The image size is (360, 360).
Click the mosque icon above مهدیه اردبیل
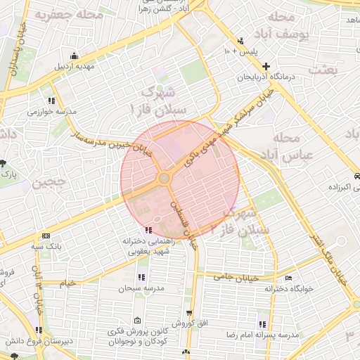click(x=75, y=57)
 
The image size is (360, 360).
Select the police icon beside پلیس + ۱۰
click(x=241, y=41)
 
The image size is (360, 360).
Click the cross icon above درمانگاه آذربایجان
click(x=266, y=65)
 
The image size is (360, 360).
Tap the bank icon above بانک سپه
click(x=46, y=236)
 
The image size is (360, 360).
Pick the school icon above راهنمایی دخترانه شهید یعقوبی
click(x=147, y=229)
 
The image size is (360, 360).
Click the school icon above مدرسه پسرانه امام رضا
click(x=262, y=324)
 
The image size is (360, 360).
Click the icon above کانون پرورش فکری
click(x=136, y=319)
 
